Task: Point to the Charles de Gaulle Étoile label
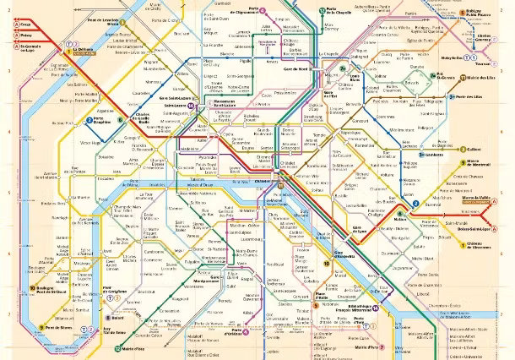point(144,119)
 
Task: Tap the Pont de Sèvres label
point(61,327)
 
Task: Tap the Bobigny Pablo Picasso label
point(480,14)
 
